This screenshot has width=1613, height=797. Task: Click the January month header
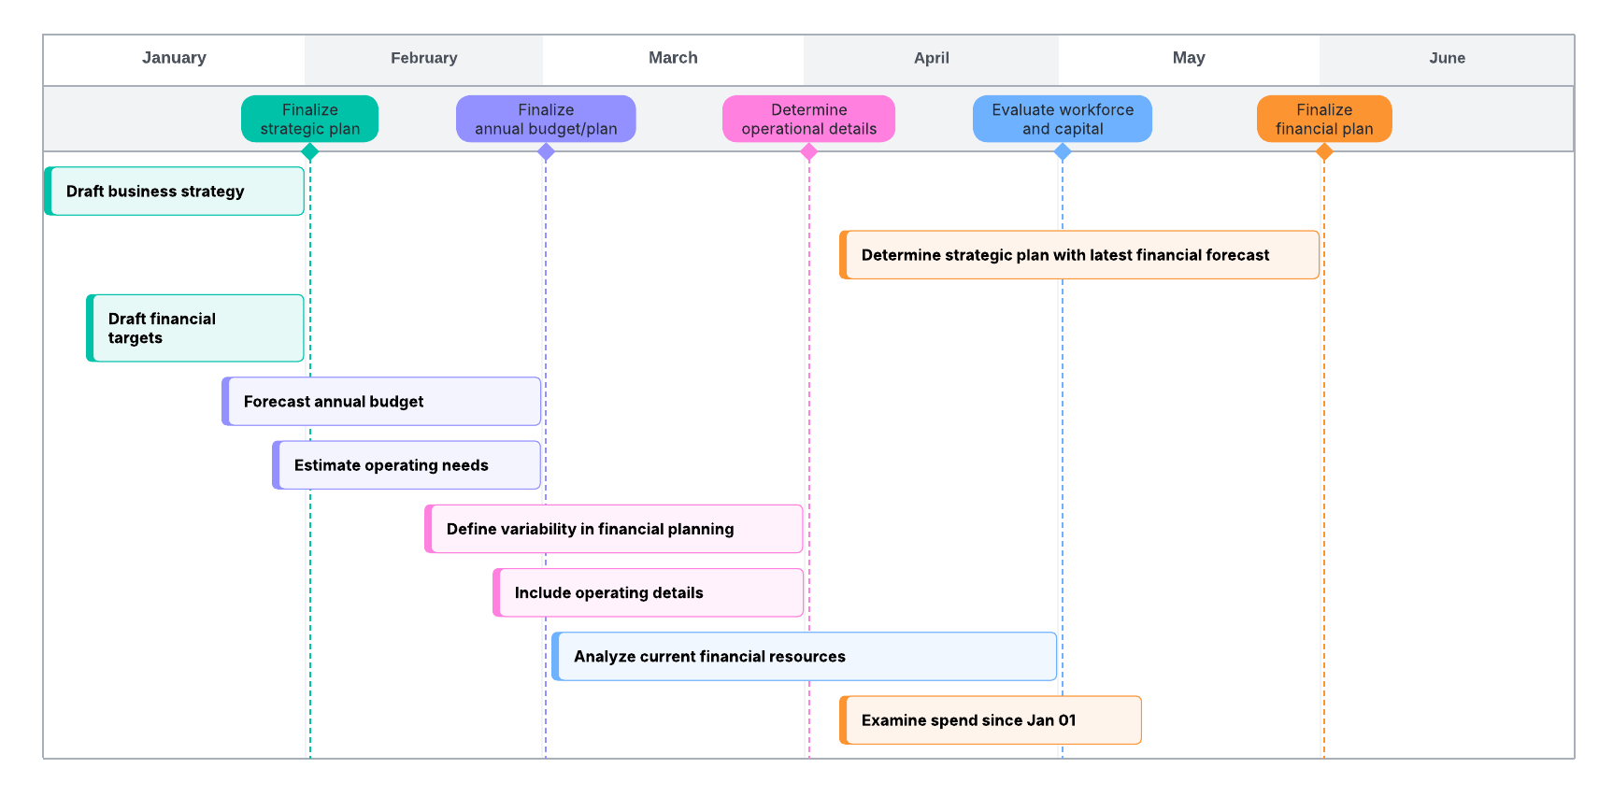(174, 58)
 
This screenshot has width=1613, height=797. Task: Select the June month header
(1446, 58)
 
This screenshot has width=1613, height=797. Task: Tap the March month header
(673, 58)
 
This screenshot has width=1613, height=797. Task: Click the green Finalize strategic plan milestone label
(309, 120)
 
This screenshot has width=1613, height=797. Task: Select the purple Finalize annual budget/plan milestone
(546, 120)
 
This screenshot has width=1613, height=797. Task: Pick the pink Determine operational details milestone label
(808, 120)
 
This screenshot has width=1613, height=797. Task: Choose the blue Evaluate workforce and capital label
(1062, 120)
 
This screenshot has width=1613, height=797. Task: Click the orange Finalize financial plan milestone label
(1323, 120)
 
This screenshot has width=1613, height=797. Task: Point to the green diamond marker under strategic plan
(310, 152)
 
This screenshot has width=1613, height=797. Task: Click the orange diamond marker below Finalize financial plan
(1324, 152)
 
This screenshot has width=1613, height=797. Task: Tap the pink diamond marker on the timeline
(809, 152)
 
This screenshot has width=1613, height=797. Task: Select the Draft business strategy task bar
(175, 192)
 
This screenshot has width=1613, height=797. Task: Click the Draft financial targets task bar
(195, 329)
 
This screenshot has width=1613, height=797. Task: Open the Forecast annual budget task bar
(381, 402)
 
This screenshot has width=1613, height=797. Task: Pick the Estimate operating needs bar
(407, 465)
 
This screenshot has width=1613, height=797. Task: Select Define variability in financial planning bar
(614, 529)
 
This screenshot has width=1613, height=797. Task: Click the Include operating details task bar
(648, 593)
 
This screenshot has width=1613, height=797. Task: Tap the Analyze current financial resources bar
(804, 657)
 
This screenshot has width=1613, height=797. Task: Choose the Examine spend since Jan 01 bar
(990, 720)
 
